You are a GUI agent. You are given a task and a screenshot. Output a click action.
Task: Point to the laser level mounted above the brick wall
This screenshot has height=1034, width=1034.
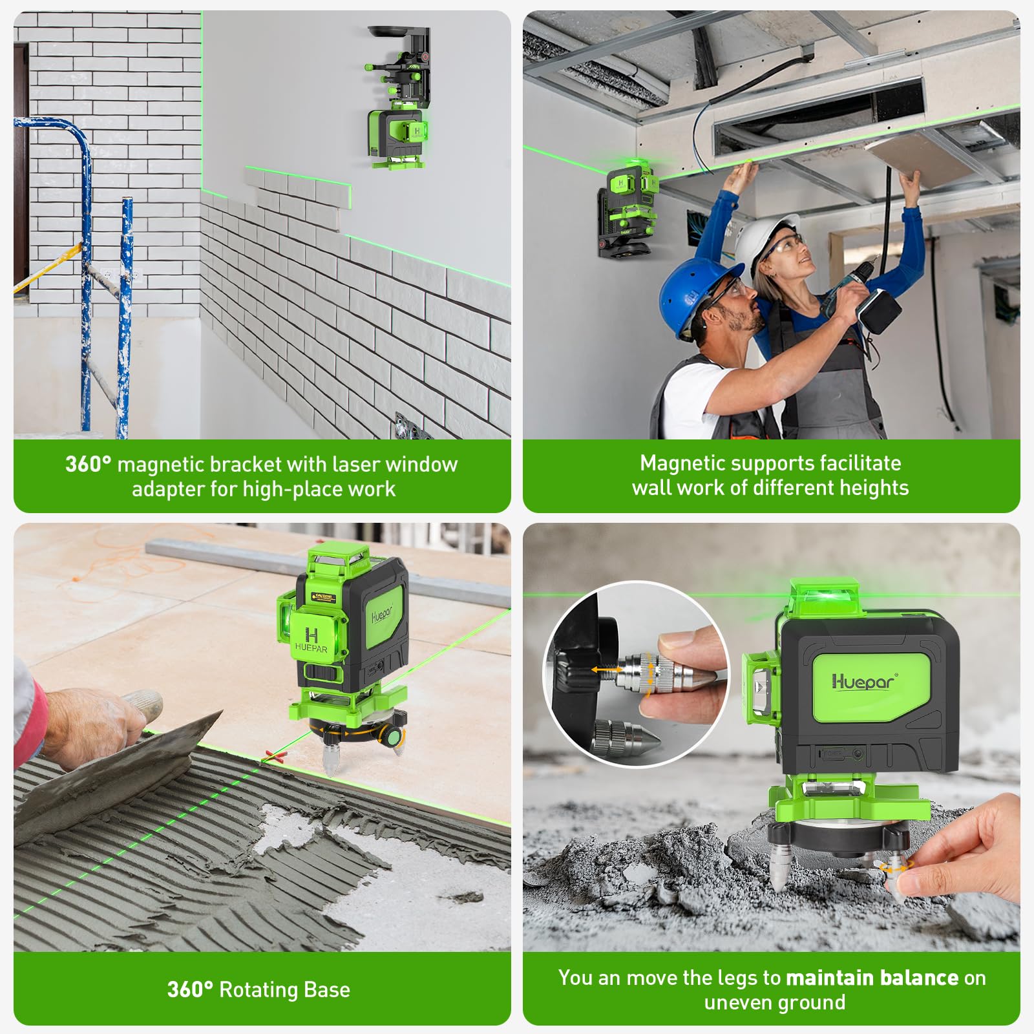396,136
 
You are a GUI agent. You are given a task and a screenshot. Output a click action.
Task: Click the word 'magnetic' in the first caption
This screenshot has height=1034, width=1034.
164,464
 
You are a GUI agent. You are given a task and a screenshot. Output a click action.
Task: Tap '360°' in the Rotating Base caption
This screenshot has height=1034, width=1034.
189,989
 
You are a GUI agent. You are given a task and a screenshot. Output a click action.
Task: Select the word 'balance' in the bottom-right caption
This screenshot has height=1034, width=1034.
919,977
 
